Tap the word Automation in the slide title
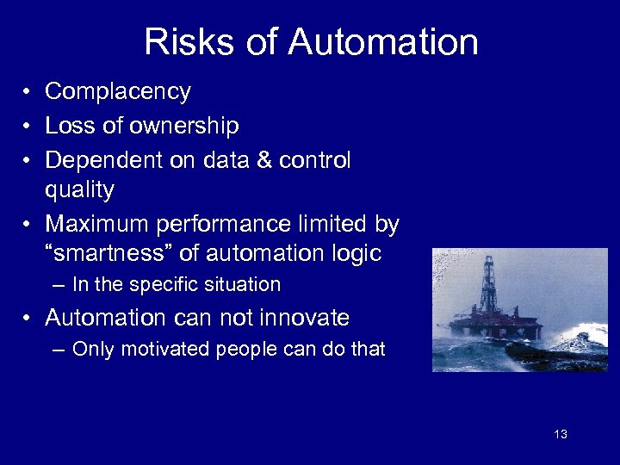coord(383,42)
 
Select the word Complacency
coord(118,91)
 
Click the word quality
coord(79,189)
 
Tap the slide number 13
coord(561,434)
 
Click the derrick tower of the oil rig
coord(488,284)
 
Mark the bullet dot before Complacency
coord(28,91)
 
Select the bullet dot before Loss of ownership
coord(28,127)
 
